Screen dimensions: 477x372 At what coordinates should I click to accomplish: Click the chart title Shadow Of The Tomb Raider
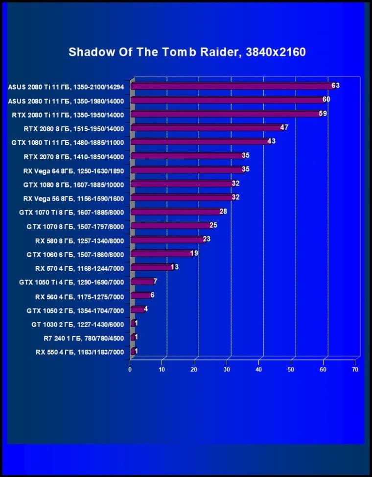point(187,52)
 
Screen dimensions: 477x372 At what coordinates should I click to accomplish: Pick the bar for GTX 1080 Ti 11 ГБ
point(198,142)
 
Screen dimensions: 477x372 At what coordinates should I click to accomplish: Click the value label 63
point(335,85)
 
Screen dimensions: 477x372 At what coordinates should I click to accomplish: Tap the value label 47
point(284,127)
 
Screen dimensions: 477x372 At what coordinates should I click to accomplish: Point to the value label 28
point(223,211)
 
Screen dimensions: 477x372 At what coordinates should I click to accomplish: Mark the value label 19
point(194,253)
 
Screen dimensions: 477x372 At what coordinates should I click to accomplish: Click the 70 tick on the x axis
point(355,369)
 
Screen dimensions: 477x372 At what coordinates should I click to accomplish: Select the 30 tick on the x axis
point(227,369)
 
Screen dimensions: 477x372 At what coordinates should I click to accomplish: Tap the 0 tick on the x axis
point(130,369)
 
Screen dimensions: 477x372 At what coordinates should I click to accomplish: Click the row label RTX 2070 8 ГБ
point(74,157)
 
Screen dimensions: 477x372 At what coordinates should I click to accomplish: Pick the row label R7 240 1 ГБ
point(84,338)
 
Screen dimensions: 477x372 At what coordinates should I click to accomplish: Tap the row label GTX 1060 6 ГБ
point(75,254)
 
